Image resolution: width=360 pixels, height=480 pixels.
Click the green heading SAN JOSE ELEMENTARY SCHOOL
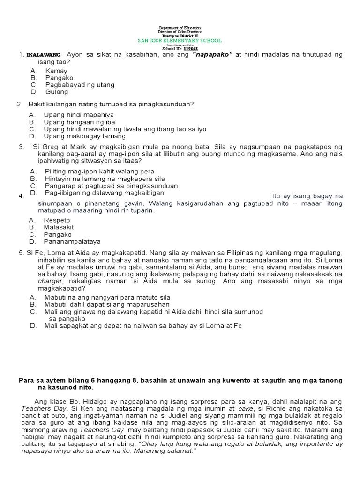point(180,41)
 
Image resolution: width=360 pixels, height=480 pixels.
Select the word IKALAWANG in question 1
point(43,55)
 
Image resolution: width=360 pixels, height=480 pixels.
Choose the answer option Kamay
point(56,71)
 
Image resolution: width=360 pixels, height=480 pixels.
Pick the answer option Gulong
point(57,92)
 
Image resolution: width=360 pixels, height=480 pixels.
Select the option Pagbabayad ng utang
point(80,85)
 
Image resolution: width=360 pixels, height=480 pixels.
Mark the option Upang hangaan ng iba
point(75,122)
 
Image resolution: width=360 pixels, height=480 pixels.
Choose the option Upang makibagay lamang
point(85,136)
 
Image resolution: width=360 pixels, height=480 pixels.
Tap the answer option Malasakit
point(59,227)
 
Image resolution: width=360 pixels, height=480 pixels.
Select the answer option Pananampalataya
point(72,241)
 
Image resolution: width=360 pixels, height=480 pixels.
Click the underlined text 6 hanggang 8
point(114,380)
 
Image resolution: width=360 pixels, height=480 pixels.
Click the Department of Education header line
point(180,28)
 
